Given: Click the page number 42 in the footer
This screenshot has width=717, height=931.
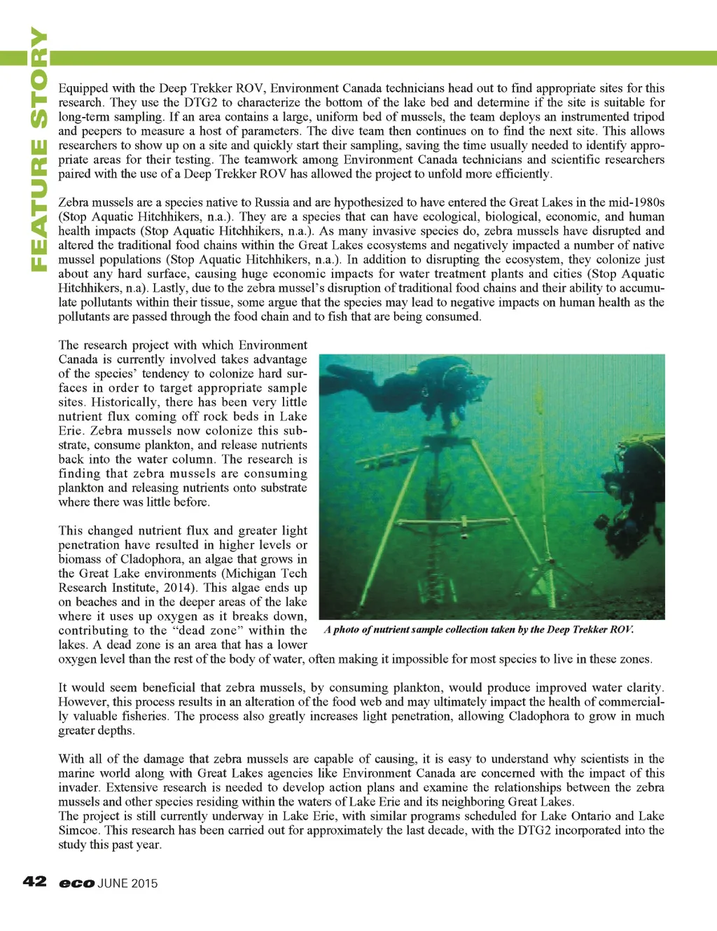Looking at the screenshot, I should [34, 881].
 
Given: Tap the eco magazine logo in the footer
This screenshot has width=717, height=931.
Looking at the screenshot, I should [76, 883].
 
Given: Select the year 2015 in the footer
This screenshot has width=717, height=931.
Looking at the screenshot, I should [145, 883].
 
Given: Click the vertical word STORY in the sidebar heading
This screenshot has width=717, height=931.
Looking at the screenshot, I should [39, 78].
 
